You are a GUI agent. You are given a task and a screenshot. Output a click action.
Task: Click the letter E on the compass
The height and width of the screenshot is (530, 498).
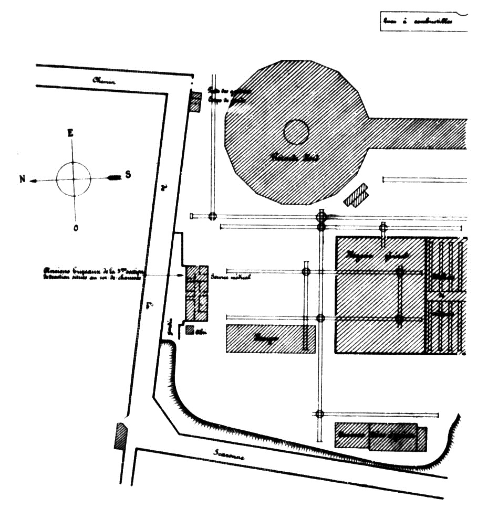pyautogui.click(x=70, y=133)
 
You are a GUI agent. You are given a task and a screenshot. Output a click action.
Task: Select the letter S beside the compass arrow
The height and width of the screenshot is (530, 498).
pyautogui.click(x=128, y=175)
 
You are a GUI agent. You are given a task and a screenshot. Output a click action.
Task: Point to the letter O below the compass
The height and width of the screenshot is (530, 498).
pyautogui.click(x=76, y=228)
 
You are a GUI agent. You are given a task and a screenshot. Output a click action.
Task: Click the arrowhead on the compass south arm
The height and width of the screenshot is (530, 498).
pyautogui.click(x=113, y=178)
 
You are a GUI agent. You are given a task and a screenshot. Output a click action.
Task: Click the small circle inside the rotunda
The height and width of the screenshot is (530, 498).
pyautogui.click(x=296, y=132)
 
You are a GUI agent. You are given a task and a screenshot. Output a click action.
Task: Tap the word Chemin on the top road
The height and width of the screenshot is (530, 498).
pyautogui.click(x=103, y=80)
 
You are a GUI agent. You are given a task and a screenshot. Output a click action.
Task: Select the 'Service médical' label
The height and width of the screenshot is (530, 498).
pyautogui.click(x=230, y=277)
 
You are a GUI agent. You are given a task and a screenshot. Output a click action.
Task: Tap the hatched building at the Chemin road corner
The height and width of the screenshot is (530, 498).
pyautogui.click(x=195, y=102)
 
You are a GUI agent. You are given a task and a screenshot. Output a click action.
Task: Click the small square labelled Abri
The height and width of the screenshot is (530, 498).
pyautogui.click(x=190, y=331)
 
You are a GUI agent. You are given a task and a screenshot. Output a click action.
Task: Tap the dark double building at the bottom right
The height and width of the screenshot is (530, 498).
pyautogui.click(x=381, y=436)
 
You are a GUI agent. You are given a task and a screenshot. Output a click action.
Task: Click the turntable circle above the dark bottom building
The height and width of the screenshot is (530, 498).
pyautogui.click(x=319, y=414)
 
